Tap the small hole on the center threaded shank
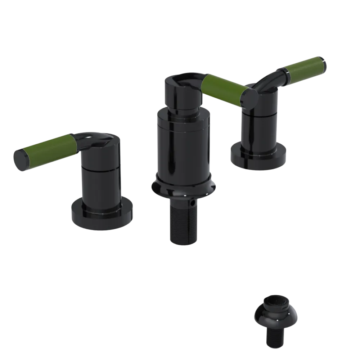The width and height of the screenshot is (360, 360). [x=194, y=204]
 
